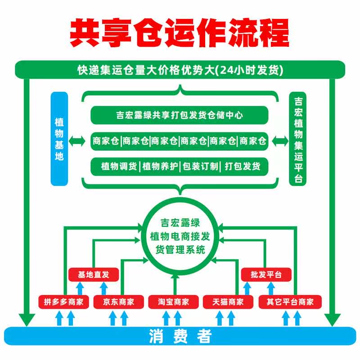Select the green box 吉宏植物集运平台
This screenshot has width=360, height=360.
coord(297,139)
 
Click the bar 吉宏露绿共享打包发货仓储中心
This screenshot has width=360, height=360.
coord(180,115)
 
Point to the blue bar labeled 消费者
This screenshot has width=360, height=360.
coord(180,337)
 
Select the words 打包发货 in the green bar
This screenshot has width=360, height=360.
coord(243,166)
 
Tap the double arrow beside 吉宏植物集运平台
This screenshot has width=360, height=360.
coord(280,141)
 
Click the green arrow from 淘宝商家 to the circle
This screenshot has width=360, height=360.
coord(174,283)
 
